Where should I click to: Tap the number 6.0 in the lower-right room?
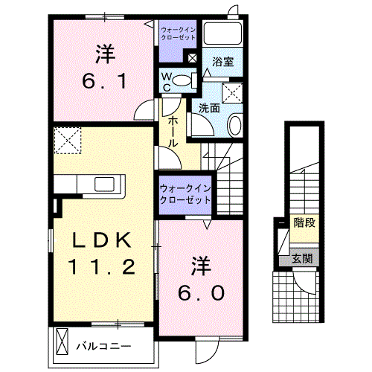pyautogui.click(x=199, y=292)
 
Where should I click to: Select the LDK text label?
pyautogui.click(x=103, y=240)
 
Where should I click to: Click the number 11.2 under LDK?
pyautogui.click(x=103, y=266)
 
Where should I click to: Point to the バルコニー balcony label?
pyautogui.click(x=104, y=346)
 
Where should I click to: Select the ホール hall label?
pyautogui.click(x=172, y=132)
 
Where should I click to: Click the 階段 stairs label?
pyautogui.click(x=303, y=222)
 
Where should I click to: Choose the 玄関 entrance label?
pyautogui.click(x=301, y=259)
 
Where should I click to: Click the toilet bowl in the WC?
pyautogui.click(x=187, y=80)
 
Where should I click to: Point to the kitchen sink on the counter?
pyautogui.click(x=103, y=184)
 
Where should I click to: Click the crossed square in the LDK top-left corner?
pyautogui.click(x=68, y=139)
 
